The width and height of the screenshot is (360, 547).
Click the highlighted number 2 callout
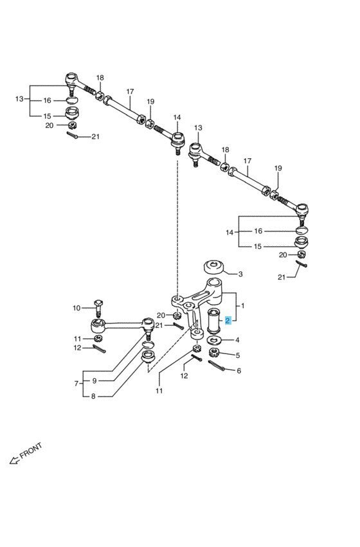tap(228, 321)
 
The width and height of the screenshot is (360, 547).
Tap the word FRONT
tap(31, 451)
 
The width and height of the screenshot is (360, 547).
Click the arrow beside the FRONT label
tap(14, 460)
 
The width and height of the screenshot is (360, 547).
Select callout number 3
tap(240, 274)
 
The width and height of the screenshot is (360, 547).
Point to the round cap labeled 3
tap(214, 267)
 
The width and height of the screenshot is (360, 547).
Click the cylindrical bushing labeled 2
tap(213, 321)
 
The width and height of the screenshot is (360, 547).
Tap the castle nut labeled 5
tap(213, 353)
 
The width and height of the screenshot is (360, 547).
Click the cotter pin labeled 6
tap(216, 366)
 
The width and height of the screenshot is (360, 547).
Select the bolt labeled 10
tap(98, 308)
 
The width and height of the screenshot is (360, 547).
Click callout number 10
tap(76, 308)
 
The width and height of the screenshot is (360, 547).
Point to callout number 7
tap(76, 383)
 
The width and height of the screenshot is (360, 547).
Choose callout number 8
tap(93, 397)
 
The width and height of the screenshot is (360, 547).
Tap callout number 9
tap(94, 381)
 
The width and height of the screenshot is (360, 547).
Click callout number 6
tap(239, 371)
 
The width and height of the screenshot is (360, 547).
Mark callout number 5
tap(238, 355)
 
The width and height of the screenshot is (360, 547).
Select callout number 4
tap(237, 340)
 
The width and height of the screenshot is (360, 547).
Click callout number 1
tap(243, 306)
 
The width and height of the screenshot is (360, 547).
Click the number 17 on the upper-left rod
tap(130, 91)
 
